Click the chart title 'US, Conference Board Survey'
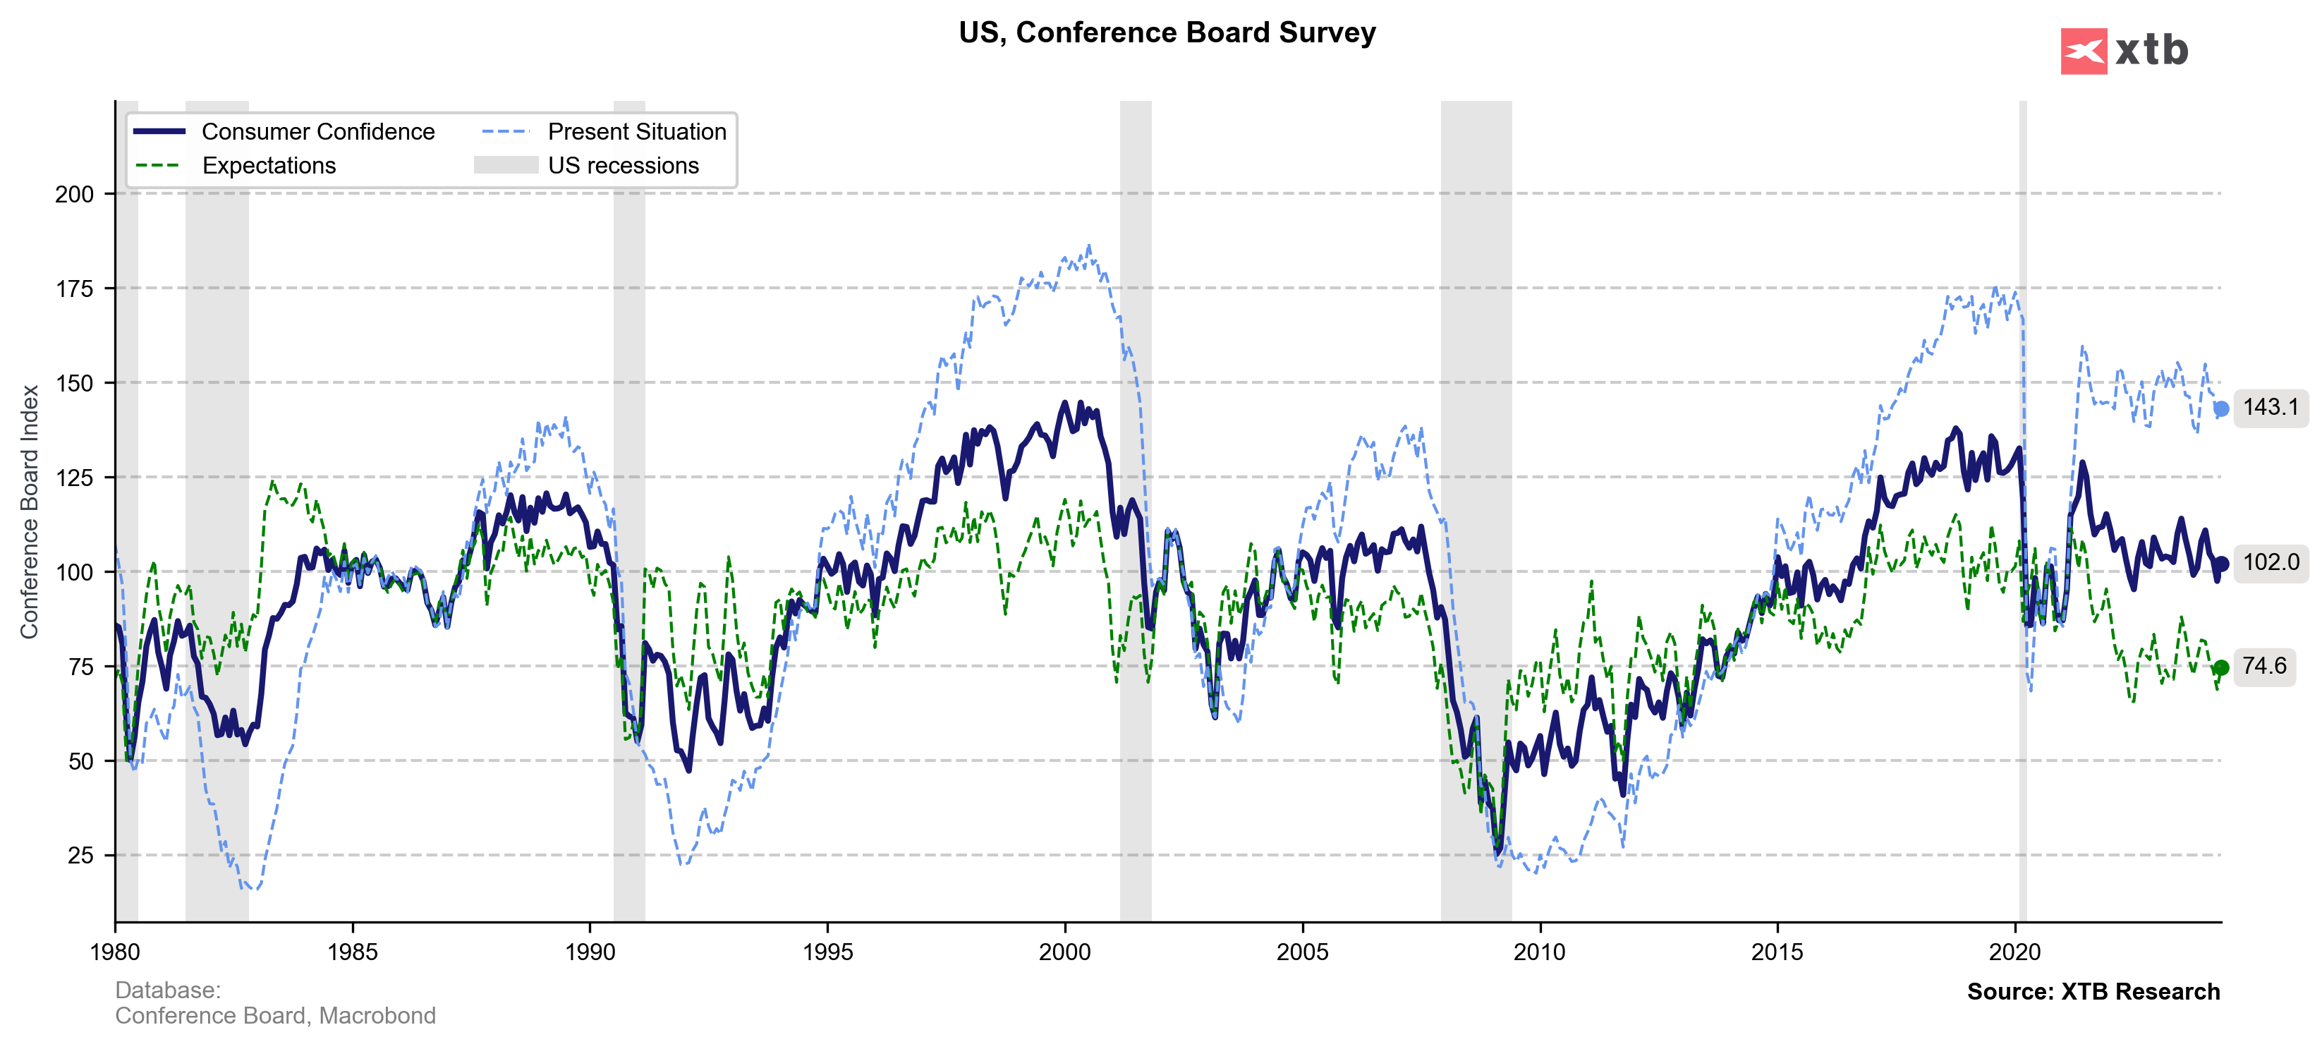pyautogui.click(x=1167, y=33)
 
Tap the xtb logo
pyautogui.click(x=2124, y=51)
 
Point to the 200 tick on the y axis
pyautogui.click(x=74, y=194)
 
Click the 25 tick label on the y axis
pyautogui.click(x=80, y=855)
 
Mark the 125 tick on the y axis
pyautogui.click(x=74, y=478)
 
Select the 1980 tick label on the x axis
pyautogui.click(x=116, y=952)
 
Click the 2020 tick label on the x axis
pyautogui.click(x=2014, y=952)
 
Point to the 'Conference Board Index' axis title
pyautogui.click(x=30, y=512)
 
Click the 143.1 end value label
pyautogui.click(x=2271, y=407)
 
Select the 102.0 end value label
pyautogui.click(x=2271, y=562)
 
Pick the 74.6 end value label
pyautogui.click(x=2264, y=666)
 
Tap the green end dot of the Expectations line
pyautogui.click(x=2221, y=668)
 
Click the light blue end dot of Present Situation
pyautogui.click(x=2221, y=409)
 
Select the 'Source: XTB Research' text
pyautogui.click(x=2093, y=991)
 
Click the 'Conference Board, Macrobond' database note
pyautogui.click(x=275, y=1016)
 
